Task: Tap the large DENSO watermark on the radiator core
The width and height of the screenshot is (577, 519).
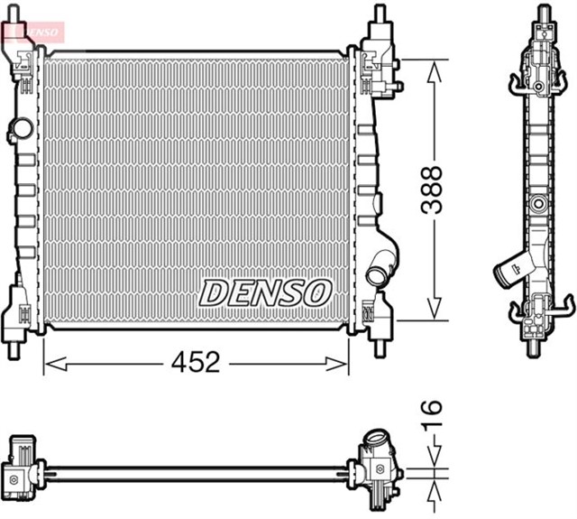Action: pyautogui.click(x=265, y=292)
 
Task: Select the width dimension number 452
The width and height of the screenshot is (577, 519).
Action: pyautogui.click(x=197, y=363)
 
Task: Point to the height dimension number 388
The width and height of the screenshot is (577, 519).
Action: pyautogui.click(x=435, y=189)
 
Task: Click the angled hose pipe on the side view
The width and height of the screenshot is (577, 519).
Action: pyautogui.click(x=515, y=267)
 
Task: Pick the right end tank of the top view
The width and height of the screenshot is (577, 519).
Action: pyautogui.click(x=380, y=459)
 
